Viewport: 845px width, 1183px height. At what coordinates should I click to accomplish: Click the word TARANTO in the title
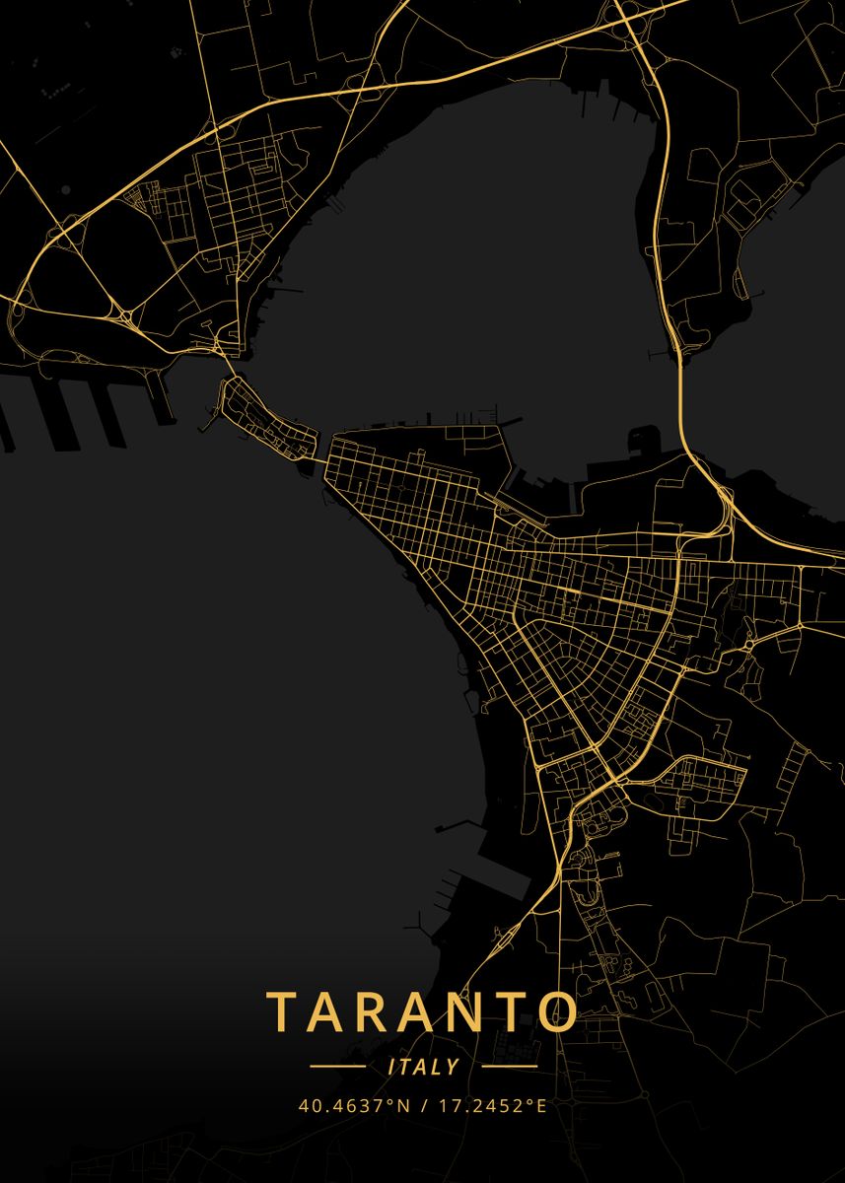tap(422, 1011)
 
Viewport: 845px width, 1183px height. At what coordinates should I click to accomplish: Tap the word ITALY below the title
tap(424, 1067)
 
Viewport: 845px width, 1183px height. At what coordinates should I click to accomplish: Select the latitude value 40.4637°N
tap(354, 1105)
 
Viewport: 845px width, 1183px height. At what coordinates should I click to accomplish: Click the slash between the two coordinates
tap(422, 1105)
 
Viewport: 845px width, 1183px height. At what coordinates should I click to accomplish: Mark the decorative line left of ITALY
tap(337, 1067)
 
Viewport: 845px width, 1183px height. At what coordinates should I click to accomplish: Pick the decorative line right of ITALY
tap(509, 1067)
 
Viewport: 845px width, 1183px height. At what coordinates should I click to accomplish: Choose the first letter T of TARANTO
tap(284, 1011)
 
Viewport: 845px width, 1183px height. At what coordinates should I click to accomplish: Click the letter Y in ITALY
tap(453, 1067)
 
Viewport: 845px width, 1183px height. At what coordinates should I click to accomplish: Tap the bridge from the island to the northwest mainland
tap(229, 366)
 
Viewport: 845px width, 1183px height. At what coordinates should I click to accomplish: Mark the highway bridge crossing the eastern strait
tap(681, 394)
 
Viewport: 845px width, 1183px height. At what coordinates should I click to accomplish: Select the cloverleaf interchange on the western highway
tap(125, 316)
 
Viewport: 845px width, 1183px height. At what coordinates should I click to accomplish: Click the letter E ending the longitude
tap(540, 1105)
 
